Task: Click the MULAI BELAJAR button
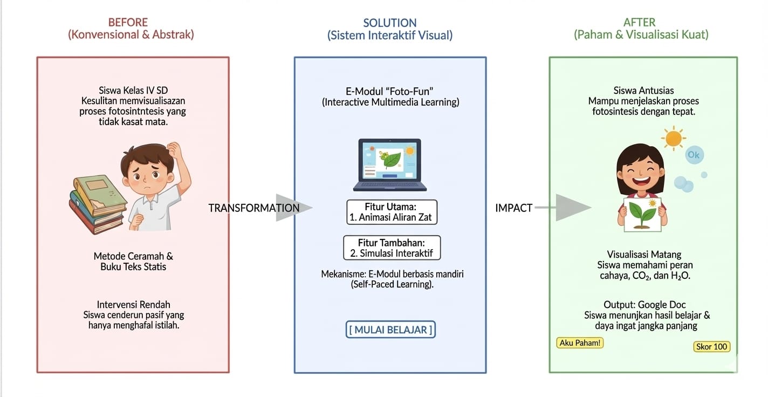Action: pos(390,330)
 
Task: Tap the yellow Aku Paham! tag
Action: pos(580,343)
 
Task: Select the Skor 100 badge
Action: pos(712,347)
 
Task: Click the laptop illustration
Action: pos(390,165)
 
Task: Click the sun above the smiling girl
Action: pos(674,138)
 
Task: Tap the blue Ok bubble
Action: pos(694,156)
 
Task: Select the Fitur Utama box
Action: pos(391,212)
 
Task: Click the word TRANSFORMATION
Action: pos(253,208)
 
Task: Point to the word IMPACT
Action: pos(513,208)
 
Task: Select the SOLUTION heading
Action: pos(389,23)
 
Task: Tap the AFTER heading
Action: pos(640,23)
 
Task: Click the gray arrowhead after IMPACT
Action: pos(573,208)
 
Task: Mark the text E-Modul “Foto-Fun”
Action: pos(390,91)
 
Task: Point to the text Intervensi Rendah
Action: pos(133,304)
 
